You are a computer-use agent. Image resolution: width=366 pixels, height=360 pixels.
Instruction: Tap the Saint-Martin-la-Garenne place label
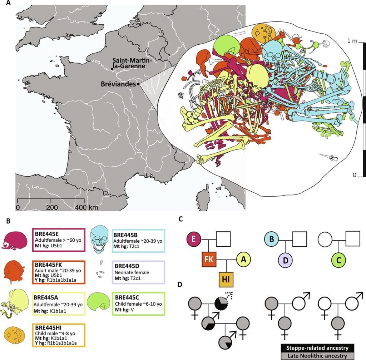coord(131,63)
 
